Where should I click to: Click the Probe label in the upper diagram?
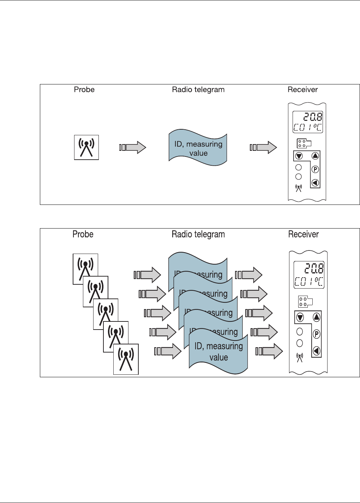click(x=84, y=90)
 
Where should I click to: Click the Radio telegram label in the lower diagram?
click(x=198, y=234)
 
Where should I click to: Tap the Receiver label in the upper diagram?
click(x=302, y=90)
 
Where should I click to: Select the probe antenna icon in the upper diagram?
click(x=86, y=147)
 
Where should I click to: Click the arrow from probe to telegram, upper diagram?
click(x=133, y=147)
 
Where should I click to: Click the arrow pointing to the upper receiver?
click(x=263, y=147)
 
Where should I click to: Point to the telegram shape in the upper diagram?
click(x=198, y=148)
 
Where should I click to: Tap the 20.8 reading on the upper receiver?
click(x=308, y=117)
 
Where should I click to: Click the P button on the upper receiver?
click(x=315, y=170)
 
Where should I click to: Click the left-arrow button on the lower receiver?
click(x=316, y=351)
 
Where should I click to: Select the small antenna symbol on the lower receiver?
click(x=299, y=357)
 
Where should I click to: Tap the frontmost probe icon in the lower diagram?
click(x=126, y=359)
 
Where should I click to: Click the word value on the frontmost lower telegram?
click(x=218, y=357)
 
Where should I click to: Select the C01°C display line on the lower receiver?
click(x=309, y=282)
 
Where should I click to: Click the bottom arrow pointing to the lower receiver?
click(x=269, y=351)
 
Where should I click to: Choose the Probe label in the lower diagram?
click(x=83, y=234)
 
